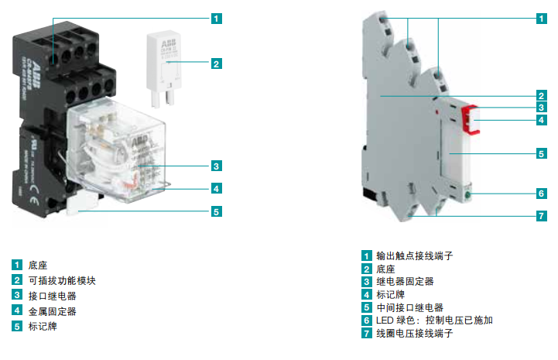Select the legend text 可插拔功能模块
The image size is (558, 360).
(62, 280)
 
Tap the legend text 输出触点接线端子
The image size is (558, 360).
(413, 255)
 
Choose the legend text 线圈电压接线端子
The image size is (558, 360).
(413, 333)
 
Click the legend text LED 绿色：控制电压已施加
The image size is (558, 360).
(434, 320)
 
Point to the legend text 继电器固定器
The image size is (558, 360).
(405, 281)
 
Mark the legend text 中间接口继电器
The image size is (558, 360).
(409, 307)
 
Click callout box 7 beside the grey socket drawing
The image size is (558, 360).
(542, 216)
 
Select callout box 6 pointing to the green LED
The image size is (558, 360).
(542, 194)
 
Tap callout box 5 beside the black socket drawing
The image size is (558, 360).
(216, 211)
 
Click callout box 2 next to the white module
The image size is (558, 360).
(216, 63)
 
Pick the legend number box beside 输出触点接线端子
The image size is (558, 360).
(366, 255)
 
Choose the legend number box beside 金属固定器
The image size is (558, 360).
(17, 311)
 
